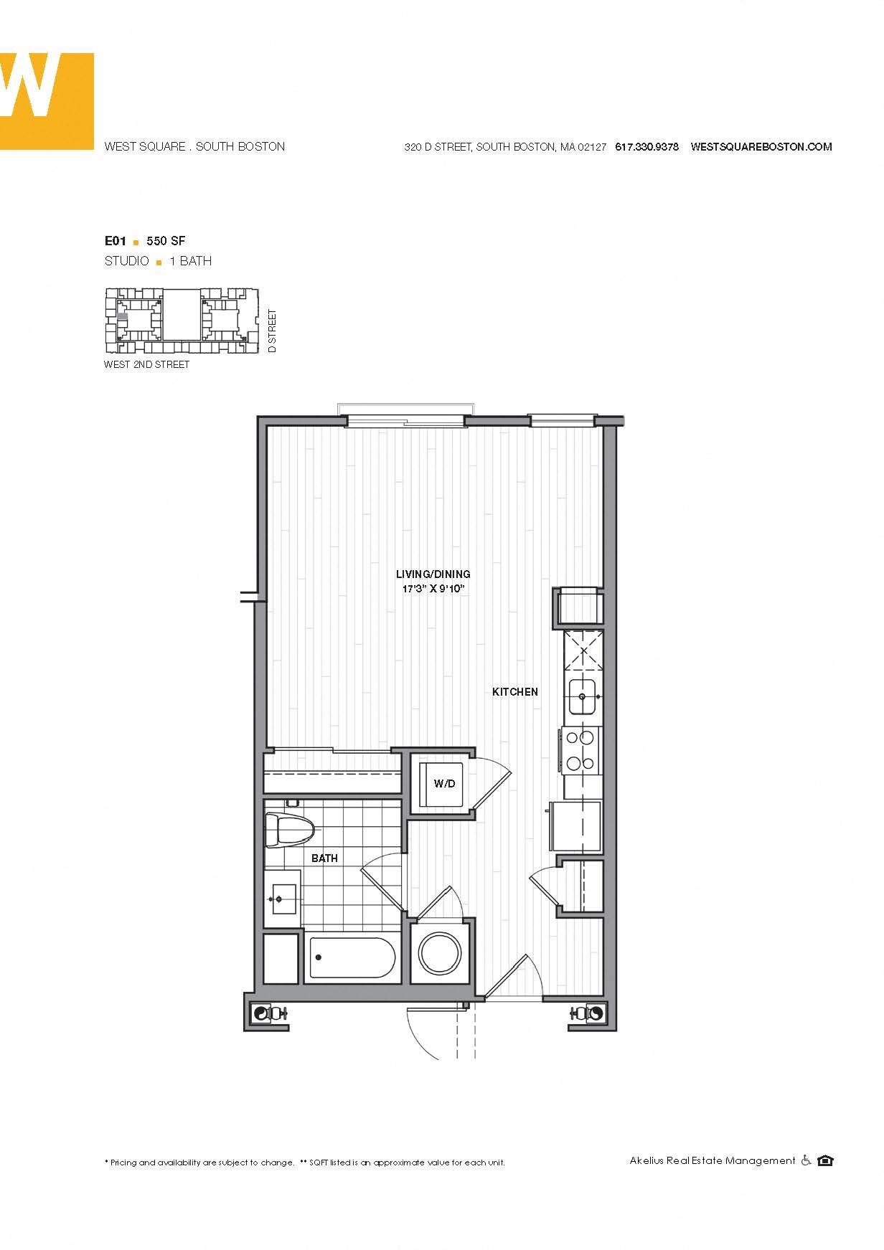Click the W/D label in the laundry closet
(x=444, y=784)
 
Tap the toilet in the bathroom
(x=290, y=830)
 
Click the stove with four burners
(x=582, y=749)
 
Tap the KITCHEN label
(x=515, y=692)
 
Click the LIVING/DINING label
(x=433, y=574)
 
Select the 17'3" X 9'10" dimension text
(x=433, y=589)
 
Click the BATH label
(x=324, y=858)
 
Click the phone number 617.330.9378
(x=646, y=147)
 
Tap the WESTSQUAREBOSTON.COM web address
(x=761, y=147)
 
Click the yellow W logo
(x=47, y=100)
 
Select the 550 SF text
(x=166, y=241)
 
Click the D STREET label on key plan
(x=271, y=331)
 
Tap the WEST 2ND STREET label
(x=147, y=364)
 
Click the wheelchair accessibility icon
(x=806, y=1160)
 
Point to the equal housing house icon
(x=825, y=1160)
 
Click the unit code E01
(x=116, y=241)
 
